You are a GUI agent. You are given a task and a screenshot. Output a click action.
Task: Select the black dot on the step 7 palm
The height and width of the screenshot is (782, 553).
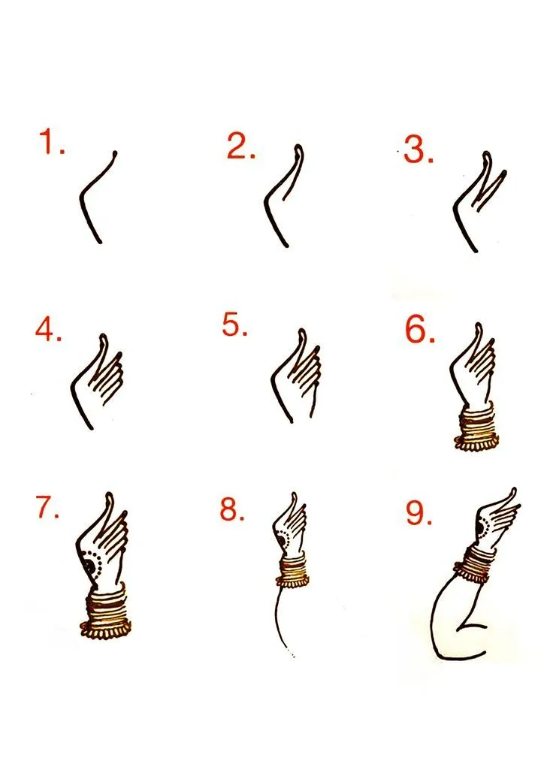[89, 566]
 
